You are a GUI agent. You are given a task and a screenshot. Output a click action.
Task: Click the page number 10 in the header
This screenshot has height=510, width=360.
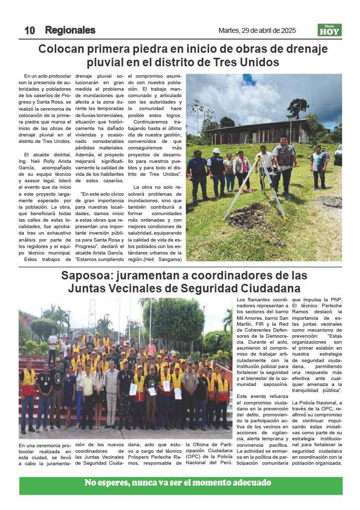[29, 30]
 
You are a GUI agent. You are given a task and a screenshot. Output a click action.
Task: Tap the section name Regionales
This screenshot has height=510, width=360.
[70, 30]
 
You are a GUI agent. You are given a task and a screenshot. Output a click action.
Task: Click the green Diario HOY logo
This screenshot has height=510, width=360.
[330, 30]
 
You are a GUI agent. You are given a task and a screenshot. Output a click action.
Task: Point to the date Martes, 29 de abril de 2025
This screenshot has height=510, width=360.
[257, 30]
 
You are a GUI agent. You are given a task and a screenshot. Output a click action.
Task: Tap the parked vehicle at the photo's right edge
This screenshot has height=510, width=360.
[338, 155]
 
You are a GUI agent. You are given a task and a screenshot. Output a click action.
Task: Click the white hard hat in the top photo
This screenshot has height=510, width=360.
[216, 150]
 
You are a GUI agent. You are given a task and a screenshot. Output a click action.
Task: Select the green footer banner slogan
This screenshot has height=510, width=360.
[178, 483]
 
